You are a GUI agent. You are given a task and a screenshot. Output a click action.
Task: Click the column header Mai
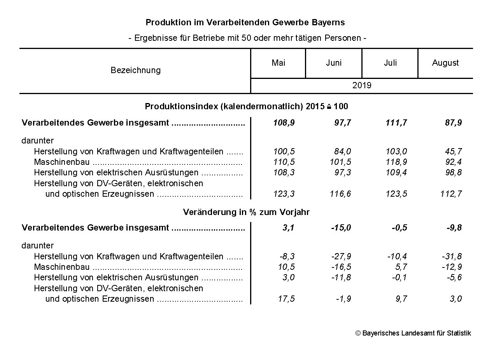click(x=278, y=63)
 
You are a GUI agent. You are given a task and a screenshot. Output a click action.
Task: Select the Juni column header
click(x=334, y=63)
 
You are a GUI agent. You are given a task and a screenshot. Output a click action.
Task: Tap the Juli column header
click(x=390, y=63)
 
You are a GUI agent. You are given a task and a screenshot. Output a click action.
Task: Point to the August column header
click(x=445, y=63)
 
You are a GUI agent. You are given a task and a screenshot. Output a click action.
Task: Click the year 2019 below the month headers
click(x=362, y=86)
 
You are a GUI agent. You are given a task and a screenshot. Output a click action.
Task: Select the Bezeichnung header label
click(x=135, y=70)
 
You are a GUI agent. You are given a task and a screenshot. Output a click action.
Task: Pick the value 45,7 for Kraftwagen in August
click(x=453, y=151)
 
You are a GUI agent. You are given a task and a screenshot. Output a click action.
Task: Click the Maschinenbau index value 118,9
click(x=396, y=162)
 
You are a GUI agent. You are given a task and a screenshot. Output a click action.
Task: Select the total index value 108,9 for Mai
click(x=284, y=123)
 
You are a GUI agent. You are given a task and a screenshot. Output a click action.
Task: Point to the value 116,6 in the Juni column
click(x=340, y=194)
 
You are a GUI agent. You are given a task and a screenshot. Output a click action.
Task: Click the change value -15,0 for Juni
click(x=341, y=228)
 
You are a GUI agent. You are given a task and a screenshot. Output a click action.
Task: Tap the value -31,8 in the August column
click(x=452, y=257)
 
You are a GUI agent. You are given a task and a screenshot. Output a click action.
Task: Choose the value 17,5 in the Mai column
click(x=286, y=299)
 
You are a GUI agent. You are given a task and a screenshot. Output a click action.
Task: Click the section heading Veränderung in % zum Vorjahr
click(x=246, y=212)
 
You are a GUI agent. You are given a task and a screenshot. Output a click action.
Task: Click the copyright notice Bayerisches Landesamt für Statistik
click(x=413, y=333)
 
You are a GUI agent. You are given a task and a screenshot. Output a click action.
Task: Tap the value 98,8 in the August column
click(x=454, y=172)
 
